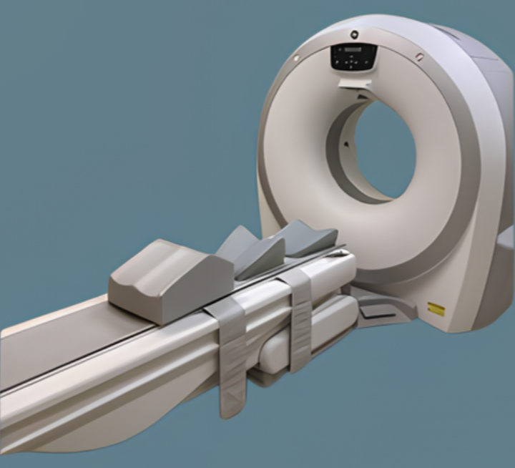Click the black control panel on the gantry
353,57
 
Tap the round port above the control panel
354,33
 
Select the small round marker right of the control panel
419,57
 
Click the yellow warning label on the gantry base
436,309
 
